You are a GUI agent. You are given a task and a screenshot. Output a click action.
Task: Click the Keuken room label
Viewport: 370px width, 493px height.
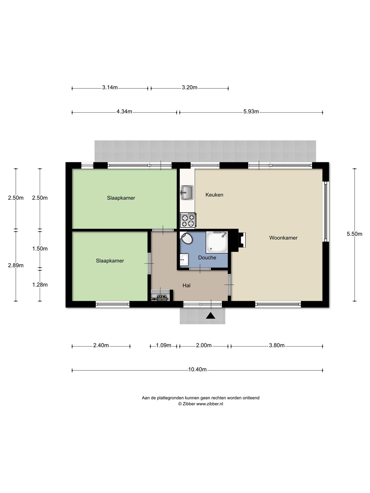click(214, 195)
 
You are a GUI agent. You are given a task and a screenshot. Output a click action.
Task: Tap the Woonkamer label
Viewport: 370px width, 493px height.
click(283, 238)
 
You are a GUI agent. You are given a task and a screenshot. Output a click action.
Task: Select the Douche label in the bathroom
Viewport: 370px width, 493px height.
click(207, 257)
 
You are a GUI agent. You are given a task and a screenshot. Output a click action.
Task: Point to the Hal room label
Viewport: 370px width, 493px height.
click(186, 286)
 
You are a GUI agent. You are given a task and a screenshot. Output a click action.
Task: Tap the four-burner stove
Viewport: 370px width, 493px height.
click(188, 220)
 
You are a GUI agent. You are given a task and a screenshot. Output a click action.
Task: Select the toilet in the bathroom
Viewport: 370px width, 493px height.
click(186, 238)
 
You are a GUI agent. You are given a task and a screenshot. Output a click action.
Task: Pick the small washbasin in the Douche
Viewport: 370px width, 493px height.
click(184, 260)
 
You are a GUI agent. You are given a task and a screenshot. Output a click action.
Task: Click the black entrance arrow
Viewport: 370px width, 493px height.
click(210, 316)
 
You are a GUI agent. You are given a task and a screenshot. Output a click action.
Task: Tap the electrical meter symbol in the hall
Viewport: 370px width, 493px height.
click(161, 298)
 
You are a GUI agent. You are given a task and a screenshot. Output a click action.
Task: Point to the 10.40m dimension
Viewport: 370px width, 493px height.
click(197, 369)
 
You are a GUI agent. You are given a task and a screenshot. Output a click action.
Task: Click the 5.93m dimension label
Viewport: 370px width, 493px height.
click(251, 111)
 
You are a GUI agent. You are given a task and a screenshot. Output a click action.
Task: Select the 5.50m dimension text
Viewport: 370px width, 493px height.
click(355, 234)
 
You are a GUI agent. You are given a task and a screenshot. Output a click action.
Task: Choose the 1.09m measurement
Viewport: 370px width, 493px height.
click(163, 345)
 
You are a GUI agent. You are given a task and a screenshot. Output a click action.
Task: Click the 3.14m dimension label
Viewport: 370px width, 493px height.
click(110, 87)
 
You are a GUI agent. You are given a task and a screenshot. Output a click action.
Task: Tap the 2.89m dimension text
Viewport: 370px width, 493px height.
click(16, 265)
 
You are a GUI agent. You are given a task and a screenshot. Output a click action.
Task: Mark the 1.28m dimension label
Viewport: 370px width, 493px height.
click(40, 285)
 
